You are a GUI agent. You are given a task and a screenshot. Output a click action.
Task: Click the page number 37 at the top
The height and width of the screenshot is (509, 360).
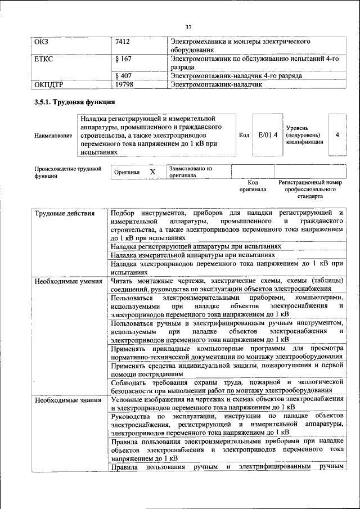click(188, 26)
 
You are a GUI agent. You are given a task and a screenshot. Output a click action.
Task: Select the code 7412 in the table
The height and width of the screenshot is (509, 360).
click(123, 42)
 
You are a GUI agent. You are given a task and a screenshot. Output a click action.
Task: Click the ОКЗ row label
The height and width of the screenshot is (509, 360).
click(42, 42)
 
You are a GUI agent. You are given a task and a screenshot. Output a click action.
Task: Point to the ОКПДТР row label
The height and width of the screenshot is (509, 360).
click(51, 84)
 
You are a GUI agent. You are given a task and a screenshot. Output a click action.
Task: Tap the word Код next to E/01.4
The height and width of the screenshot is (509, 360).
click(244, 135)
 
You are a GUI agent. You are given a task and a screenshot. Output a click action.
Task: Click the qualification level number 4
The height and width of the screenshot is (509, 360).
click(337, 135)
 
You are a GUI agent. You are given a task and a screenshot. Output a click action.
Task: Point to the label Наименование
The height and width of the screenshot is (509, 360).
click(53, 136)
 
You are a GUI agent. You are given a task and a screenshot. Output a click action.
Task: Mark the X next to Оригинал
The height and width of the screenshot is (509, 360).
click(152, 172)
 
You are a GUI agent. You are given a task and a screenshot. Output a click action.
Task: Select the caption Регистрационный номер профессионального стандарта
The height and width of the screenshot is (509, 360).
click(310, 190)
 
